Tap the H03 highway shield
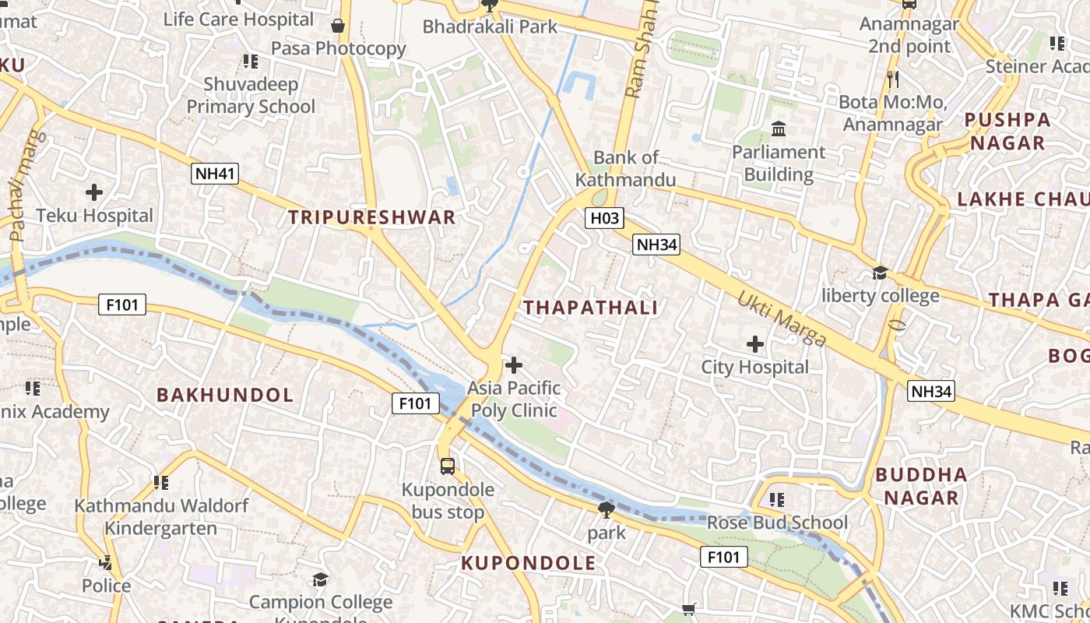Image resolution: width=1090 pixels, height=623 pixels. click(604, 219)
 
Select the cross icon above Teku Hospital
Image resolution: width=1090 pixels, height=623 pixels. click(94, 192)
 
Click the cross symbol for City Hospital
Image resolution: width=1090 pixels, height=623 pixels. click(754, 343)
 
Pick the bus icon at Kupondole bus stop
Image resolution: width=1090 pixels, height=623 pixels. click(447, 466)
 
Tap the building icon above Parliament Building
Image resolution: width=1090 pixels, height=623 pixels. click(778, 128)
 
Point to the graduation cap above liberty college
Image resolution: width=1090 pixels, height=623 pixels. click(880, 273)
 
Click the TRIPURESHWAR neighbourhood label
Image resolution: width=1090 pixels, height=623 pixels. click(372, 217)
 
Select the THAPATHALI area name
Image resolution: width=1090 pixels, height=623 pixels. click(591, 308)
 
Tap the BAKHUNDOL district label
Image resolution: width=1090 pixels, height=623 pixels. click(225, 395)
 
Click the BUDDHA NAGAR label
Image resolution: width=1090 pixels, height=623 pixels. click(921, 486)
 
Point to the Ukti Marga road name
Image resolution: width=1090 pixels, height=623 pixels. click(782, 319)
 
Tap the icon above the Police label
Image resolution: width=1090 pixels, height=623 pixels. click(106, 562)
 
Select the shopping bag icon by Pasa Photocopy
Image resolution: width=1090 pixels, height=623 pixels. click(338, 26)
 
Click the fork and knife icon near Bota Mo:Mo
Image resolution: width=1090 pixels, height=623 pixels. click(892, 79)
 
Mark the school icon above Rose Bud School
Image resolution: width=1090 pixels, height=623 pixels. click(776, 499)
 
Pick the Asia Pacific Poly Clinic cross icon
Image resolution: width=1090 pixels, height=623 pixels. click(514, 364)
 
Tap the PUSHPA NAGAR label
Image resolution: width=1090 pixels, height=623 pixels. click(1007, 131)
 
